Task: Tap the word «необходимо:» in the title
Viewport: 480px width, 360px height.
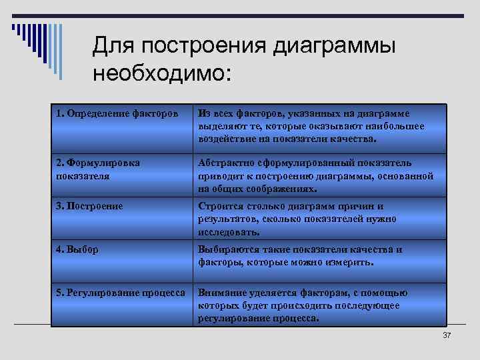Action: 162,73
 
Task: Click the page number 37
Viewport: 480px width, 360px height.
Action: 447,335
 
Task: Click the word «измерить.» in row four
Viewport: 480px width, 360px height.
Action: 351,263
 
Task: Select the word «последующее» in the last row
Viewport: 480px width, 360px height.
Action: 369,306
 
